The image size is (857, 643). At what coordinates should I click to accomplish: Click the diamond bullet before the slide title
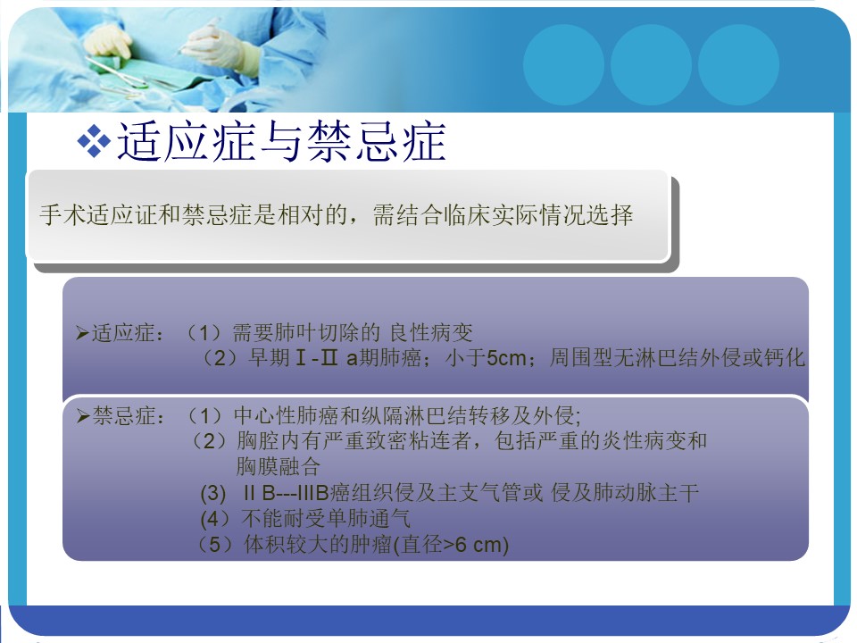[94, 142]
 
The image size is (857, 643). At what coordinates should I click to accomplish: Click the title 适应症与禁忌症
[281, 142]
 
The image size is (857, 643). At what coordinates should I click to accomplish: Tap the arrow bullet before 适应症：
[82, 333]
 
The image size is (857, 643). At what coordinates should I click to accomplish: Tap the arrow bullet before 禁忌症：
[83, 416]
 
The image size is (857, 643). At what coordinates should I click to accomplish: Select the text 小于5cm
[486, 358]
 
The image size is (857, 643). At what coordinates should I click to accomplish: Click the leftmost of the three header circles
[563, 65]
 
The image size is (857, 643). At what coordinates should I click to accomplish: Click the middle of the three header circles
[651, 65]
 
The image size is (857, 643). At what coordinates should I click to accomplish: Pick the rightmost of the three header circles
[738, 65]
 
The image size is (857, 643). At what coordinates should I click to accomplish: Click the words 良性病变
[431, 332]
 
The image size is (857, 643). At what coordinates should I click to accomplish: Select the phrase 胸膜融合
[279, 466]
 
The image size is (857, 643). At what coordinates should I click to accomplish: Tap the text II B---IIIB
[286, 493]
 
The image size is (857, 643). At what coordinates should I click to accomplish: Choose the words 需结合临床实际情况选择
[503, 214]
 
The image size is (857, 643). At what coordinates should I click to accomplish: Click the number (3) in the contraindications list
[213, 493]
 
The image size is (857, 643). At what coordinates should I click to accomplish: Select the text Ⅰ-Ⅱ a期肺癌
[357, 358]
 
